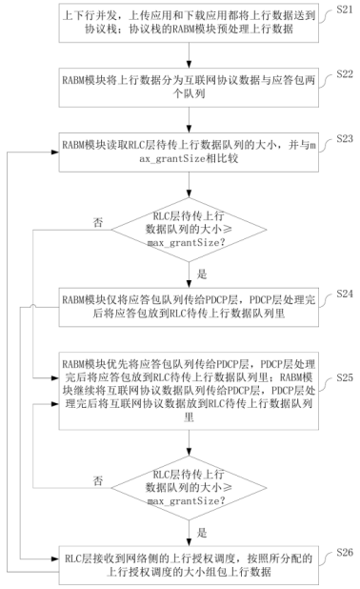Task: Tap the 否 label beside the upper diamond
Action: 98,220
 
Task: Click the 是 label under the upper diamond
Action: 201,272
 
